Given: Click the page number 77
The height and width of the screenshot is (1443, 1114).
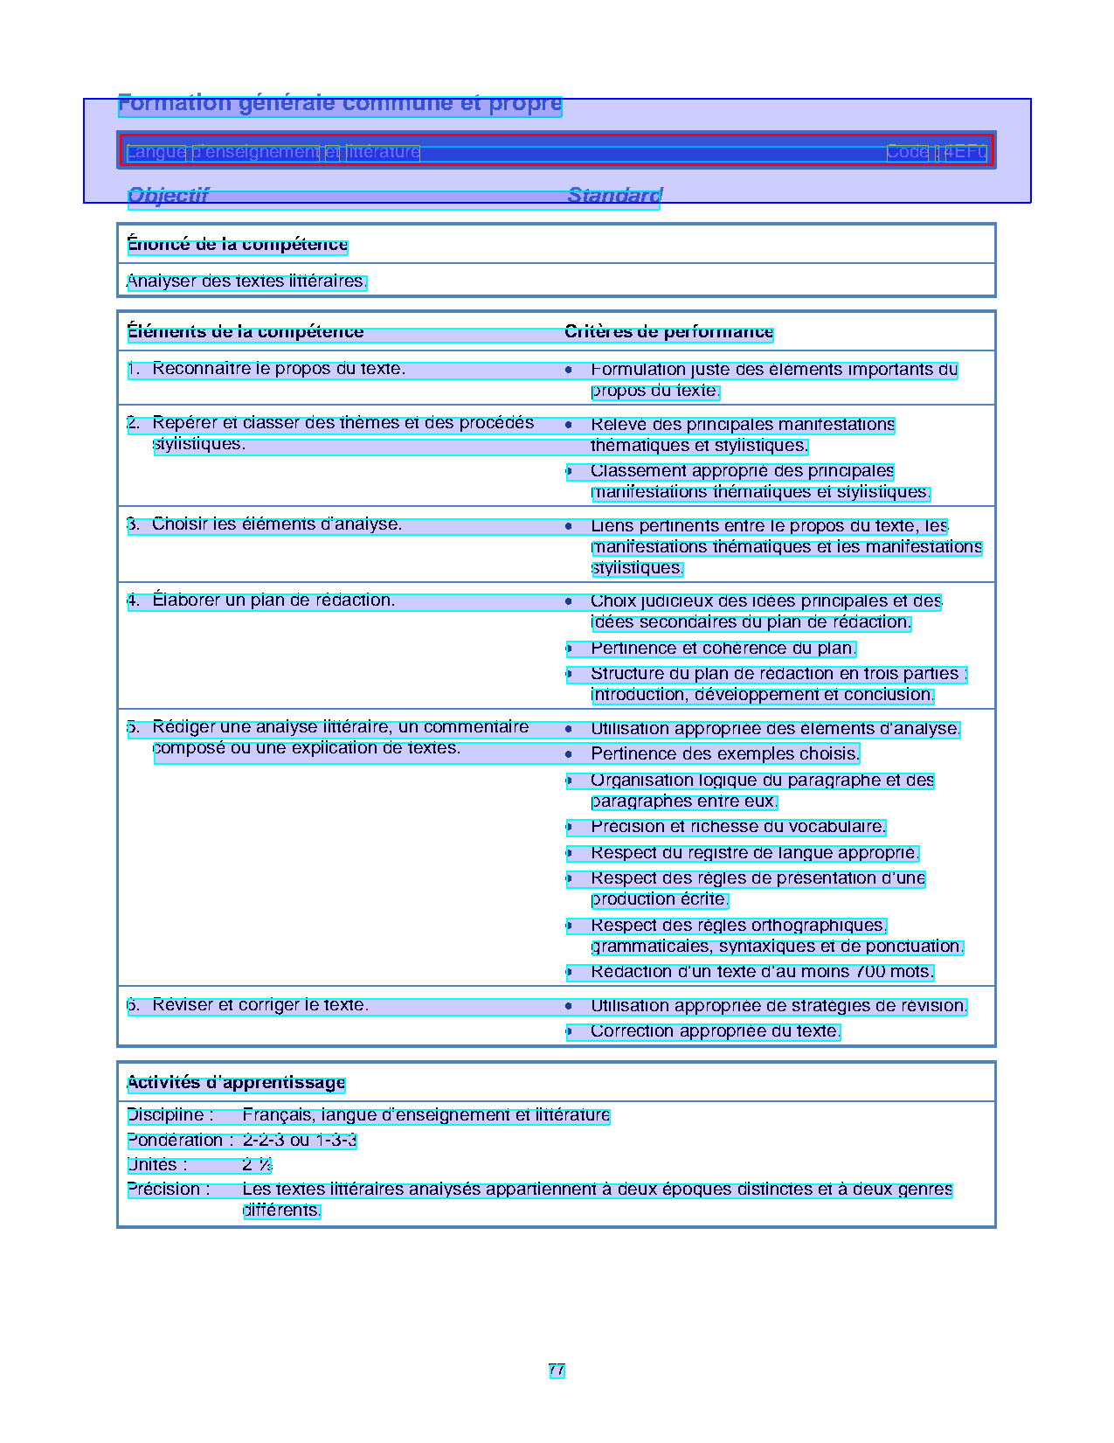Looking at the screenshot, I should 557,1370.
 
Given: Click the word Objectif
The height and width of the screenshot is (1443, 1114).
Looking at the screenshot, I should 169,196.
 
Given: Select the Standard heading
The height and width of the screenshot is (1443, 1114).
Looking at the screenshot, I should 614,196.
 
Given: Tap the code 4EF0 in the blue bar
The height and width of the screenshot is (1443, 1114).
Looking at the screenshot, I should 966,152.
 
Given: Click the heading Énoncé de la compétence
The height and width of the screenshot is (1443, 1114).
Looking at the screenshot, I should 238,245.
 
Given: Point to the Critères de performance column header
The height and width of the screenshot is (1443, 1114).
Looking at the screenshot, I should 668,332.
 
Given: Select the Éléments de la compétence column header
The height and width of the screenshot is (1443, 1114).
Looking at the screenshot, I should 246,332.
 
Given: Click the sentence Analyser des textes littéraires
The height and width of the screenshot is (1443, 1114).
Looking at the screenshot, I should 247,281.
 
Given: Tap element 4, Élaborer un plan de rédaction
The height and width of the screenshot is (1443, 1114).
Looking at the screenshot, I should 273,600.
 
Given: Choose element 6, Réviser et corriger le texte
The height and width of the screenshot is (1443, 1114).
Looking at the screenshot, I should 260,1005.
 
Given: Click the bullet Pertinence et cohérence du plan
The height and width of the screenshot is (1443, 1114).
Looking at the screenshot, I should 723,649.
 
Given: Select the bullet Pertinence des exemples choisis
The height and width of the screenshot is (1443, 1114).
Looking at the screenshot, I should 725,753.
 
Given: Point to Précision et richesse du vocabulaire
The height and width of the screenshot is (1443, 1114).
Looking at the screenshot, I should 738,827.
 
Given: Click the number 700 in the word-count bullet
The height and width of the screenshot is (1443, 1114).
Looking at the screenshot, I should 870,972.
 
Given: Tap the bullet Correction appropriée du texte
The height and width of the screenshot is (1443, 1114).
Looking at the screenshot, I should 715,1031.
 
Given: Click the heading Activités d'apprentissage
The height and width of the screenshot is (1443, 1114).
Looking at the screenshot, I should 236,1083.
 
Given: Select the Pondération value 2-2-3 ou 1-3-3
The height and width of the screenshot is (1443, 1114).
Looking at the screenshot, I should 300,1141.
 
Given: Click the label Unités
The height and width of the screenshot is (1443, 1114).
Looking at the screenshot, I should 156,1165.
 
